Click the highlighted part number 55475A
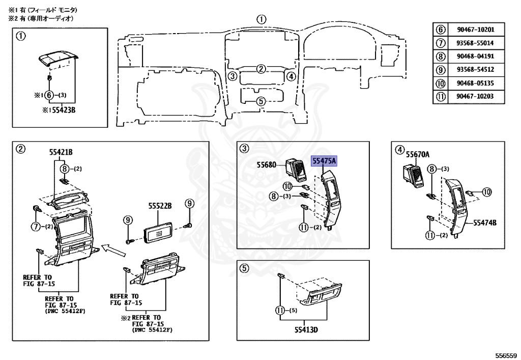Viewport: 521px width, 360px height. (x=324, y=161)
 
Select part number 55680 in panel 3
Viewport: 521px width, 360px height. (x=266, y=165)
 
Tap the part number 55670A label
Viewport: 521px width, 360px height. (x=417, y=154)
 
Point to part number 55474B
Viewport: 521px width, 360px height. (x=485, y=222)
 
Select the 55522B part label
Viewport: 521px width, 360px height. (x=160, y=206)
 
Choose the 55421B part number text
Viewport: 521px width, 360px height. (x=61, y=152)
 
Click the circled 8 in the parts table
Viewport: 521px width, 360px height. (x=441, y=57)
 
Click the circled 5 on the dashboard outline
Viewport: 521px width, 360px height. (x=260, y=101)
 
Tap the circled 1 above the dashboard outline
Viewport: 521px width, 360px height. (x=261, y=19)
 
